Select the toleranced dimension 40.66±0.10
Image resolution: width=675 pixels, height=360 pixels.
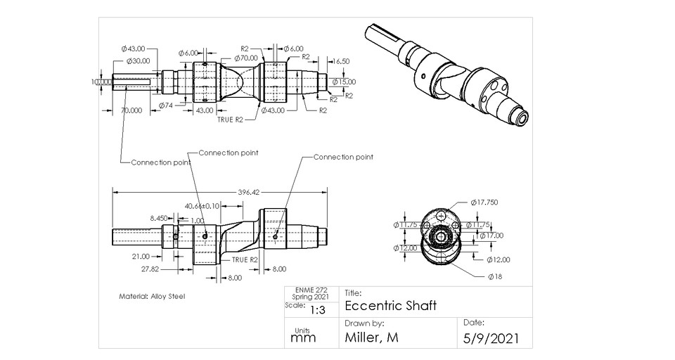[202, 205]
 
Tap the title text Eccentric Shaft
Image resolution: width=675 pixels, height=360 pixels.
[391, 306]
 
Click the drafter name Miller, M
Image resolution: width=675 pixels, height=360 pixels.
[372, 337]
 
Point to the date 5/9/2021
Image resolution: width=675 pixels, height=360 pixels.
[492, 338]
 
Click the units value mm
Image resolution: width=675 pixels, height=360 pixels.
[303, 337]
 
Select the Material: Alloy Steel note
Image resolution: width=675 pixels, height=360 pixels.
[151, 296]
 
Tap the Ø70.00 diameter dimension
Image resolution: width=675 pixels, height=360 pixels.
[247, 58]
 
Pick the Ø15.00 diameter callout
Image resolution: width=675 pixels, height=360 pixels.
[343, 82]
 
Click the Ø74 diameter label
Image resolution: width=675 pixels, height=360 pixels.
[166, 105]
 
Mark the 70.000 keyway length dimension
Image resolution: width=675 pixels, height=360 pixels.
[132, 110]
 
